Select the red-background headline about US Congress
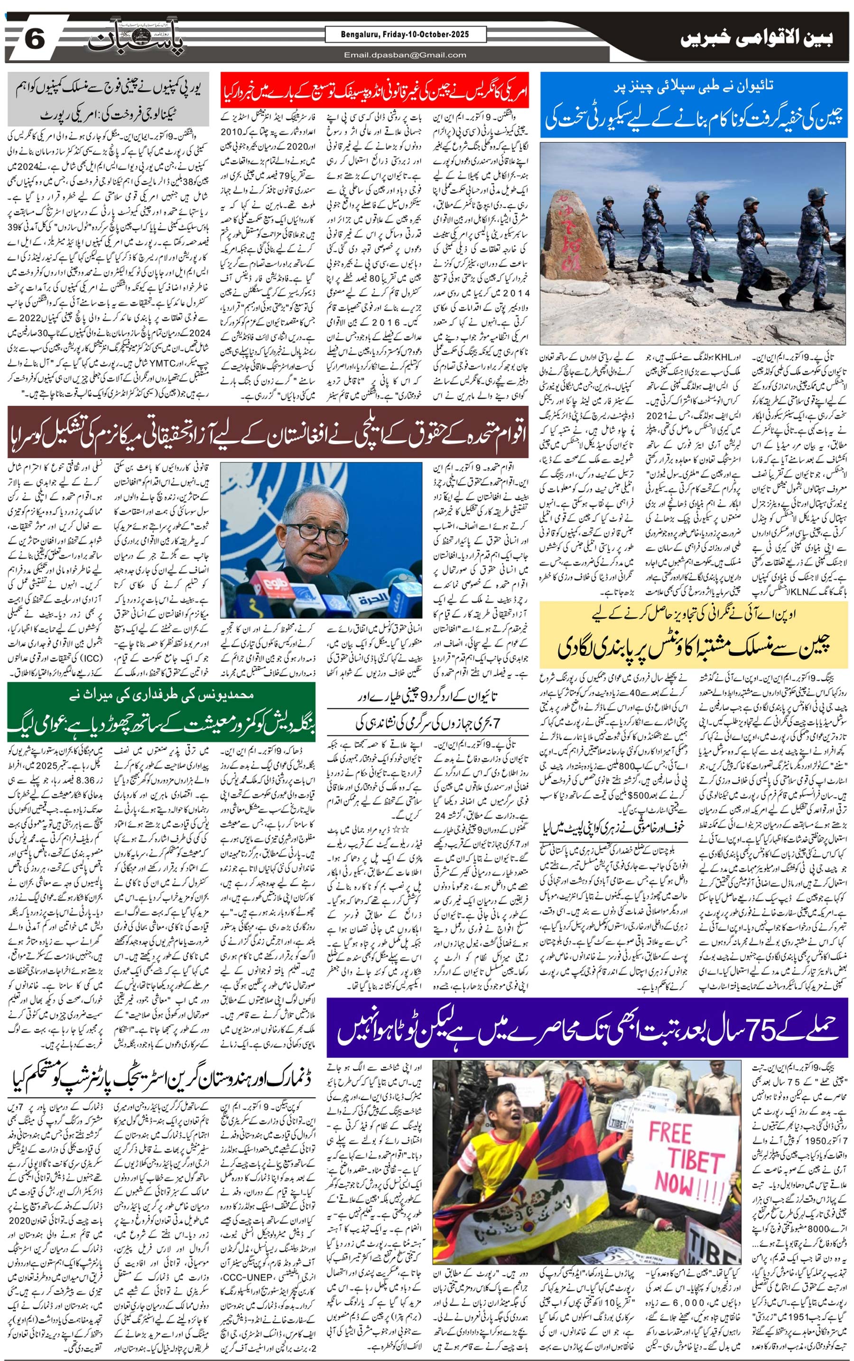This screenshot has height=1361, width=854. (374, 90)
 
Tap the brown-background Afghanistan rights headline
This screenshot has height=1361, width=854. (268, 433)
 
